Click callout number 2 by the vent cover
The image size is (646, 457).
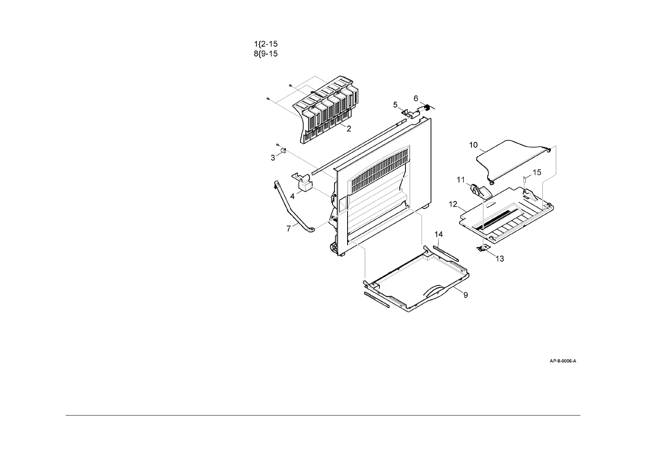coord(349,129)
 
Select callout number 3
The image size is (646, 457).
coord(273,158)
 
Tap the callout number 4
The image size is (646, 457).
coord(292,196)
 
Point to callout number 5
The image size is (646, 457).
coord(396,104)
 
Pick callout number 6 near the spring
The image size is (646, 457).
coord(416,99)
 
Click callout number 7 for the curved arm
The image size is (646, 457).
coord(288,229)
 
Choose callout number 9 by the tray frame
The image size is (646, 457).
coord(465,295)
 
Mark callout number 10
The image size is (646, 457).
coord(473,145)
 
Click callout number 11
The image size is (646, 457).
coord(461,180)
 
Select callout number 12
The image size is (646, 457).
coord(453,204)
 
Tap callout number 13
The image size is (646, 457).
coord(500,259)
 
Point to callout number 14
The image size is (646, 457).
coord(438,234)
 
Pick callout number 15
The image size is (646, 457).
coord(537,172)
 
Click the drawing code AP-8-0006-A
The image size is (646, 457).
coord(563,361)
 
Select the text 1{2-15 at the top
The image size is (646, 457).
coord(266,44)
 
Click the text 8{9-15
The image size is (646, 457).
coord(265,54)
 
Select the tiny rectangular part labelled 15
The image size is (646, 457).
coord(525,179)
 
